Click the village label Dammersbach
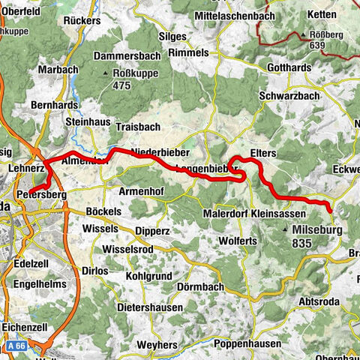(x=127, y=57)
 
